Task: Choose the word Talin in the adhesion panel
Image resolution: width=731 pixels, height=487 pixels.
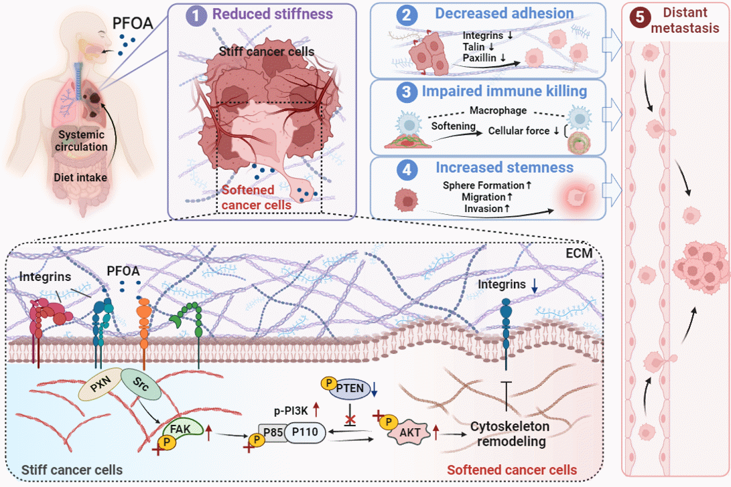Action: coord(477,47)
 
